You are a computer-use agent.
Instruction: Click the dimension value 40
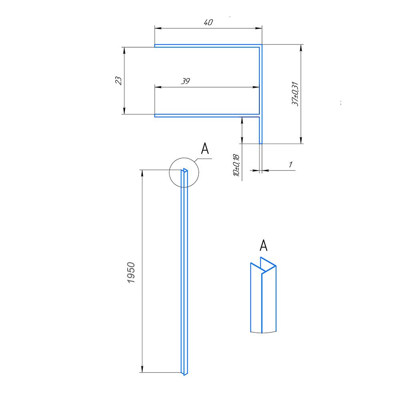pos(208,23)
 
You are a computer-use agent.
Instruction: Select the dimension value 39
pos(185,81)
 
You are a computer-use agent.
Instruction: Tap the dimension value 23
pos(118,80)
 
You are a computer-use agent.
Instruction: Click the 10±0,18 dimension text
pos(236,165)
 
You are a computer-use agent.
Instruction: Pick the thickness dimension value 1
pos(290,164)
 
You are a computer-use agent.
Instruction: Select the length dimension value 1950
pos(132,273)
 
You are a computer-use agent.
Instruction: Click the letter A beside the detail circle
pos(205,149)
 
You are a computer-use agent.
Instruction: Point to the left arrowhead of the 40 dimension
pos(158,28)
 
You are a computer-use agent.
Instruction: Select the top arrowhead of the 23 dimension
pos(124,50)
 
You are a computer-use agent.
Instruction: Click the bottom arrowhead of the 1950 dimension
pos(142,370)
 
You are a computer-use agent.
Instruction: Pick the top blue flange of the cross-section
pos(208,46)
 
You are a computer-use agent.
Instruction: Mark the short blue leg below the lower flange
pos(261,130)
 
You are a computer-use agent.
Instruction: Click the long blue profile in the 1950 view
pos(184,272)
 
